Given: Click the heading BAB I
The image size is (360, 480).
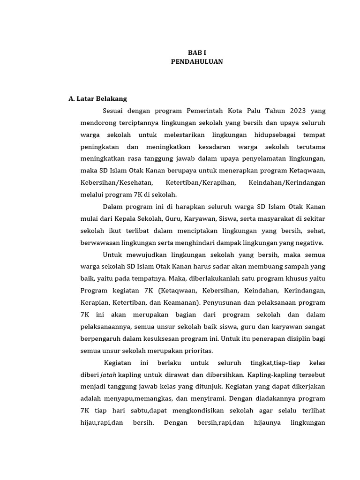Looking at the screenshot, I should coord(197,53).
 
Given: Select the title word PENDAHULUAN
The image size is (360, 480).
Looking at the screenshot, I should coord(197,61).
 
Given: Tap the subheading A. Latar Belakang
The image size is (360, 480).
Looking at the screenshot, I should coord(97,99).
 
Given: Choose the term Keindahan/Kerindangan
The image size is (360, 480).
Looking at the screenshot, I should coord(287,182).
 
